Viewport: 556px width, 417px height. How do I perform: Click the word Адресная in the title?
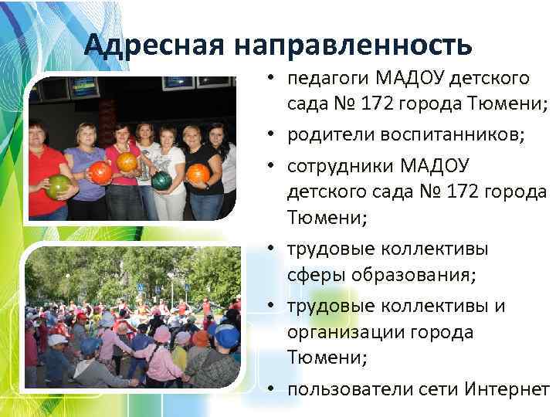tap(152, 46)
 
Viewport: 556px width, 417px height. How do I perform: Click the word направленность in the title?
tap(350, 46)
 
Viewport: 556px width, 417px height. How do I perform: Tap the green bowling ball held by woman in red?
tap(58, 186)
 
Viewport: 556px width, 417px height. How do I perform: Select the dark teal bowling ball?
tap(161, 180)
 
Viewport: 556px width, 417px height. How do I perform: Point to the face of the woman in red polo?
tap(39, 134)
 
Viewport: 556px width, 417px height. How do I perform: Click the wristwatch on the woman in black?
tap(208, 183)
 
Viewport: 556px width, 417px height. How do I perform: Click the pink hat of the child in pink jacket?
tap(162, 334)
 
